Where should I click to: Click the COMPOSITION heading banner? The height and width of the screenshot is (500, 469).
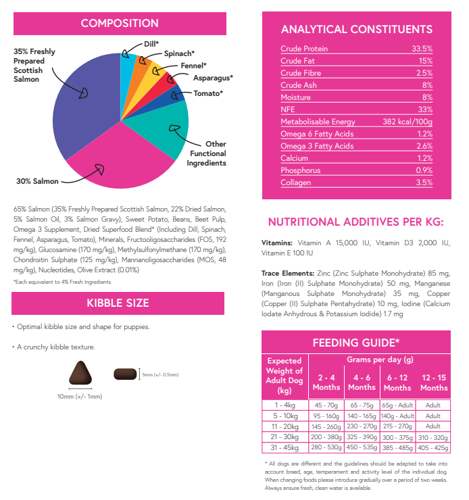120,24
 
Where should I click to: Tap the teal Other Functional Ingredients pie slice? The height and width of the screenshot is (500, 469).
166,135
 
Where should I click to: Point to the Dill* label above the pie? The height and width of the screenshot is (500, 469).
151,44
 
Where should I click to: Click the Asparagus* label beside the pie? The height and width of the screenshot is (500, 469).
214,78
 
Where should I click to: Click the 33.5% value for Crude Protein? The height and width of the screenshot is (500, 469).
422,49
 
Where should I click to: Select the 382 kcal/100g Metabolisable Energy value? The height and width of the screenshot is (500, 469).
403,122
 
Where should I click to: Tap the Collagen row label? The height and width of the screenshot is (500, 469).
296,182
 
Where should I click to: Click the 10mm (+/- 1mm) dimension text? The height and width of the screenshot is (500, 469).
81,397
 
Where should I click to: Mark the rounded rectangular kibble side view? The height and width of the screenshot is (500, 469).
125,374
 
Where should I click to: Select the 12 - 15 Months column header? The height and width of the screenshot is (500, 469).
433,383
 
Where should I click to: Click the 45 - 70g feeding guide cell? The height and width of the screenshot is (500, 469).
326,405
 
